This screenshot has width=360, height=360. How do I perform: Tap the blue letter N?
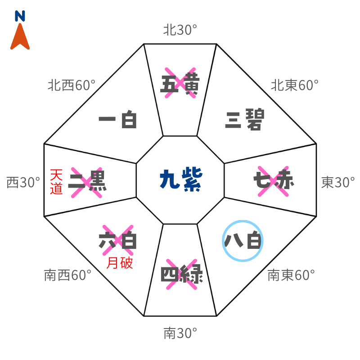tap(20, 17)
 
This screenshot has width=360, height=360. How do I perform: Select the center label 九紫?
tap(180, 180)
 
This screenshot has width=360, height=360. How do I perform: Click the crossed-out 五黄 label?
tap(180, 83)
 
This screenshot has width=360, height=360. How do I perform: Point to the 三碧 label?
tap(244, 120)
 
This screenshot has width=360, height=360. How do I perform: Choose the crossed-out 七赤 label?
tap(273, 180)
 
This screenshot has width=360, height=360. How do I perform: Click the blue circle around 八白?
tap(243, 240)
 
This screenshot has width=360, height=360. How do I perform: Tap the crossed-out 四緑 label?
tap(182, 274)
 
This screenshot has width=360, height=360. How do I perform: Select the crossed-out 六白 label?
tap(117, 240)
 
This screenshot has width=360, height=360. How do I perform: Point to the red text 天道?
tap(56, 181)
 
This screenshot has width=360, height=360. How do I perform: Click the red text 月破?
tap(120, 263)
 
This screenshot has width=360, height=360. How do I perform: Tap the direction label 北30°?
tap(180, 30)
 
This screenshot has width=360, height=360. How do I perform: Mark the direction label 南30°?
tap(180, 333)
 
